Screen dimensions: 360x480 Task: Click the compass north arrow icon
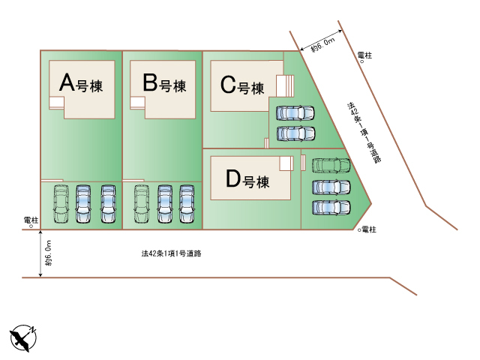click(24, 337)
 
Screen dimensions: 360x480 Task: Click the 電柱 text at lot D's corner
click(368, 229)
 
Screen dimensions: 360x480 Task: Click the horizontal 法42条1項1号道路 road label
click(171, 253)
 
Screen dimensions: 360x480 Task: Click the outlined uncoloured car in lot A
click(60, 203)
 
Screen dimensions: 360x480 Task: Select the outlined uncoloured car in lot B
click(141, 203)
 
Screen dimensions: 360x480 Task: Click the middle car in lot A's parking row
click(84, 203)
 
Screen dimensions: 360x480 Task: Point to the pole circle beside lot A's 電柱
click(31, 225)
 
